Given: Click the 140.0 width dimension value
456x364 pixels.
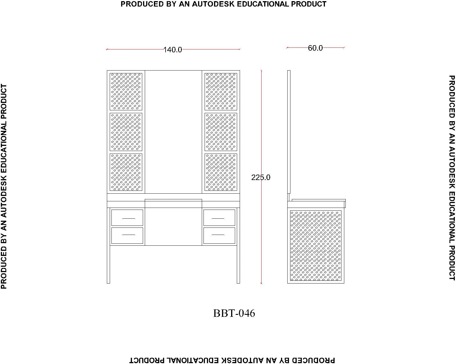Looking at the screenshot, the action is tap(173, 50).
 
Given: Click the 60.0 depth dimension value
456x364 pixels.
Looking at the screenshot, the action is tap(315, 48).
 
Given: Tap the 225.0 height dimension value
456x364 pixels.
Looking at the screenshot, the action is tap(260, 177).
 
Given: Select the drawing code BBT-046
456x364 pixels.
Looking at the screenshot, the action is tap(234, 313).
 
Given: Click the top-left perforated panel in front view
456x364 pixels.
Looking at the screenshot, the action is tap(126, 92).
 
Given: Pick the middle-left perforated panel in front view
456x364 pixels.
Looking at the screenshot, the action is tap(126, 132).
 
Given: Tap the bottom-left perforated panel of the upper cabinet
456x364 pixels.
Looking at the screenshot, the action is tap(126, 172).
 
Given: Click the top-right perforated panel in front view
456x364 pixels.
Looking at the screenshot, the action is tap(221, 92).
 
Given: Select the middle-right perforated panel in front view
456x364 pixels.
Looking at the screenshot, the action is tap(221, 132).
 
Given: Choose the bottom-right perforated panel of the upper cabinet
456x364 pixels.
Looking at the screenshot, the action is tap(221, 172).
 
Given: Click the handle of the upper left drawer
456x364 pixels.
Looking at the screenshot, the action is tap(129, 218).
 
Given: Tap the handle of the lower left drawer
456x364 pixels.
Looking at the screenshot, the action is tap(129, 235).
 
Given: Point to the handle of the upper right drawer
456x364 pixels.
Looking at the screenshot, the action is tap(218, 218).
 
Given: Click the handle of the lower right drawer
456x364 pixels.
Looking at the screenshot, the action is tap(218, 235).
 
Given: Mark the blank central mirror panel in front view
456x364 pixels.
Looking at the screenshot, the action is tap(173, 132).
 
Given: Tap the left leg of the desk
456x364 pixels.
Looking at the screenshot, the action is tap(109, 245).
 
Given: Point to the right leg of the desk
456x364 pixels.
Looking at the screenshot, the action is tap(238, 245).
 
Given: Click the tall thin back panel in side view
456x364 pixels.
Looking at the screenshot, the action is tap(289, 132).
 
